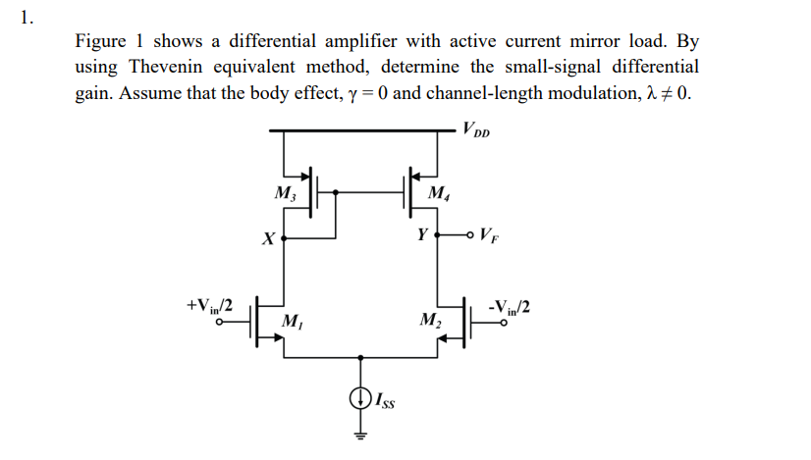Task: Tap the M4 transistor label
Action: coord(439,192)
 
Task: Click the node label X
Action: coord(266,238)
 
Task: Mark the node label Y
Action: coord(422,235)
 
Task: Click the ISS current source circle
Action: coord(360,398)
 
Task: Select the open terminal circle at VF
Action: coord(474,235)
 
